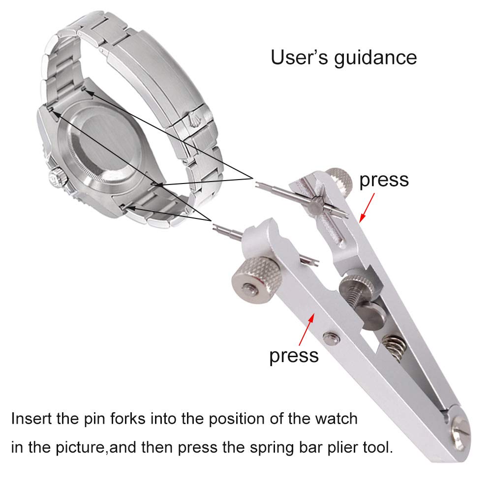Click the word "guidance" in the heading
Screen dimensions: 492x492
pyautogui.click(x=375, y=58)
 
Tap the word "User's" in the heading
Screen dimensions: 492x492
pyautogui.click(x=299, y=57)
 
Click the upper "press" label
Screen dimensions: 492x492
pyautogui.click(x=384, y=180)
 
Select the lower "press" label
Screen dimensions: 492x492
pyautogui.click(x=294, y=356)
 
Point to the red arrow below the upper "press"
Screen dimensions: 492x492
pyautogui.click(x=367, y=208)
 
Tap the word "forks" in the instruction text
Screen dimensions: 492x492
pyautogui.click(x=128, y=419)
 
